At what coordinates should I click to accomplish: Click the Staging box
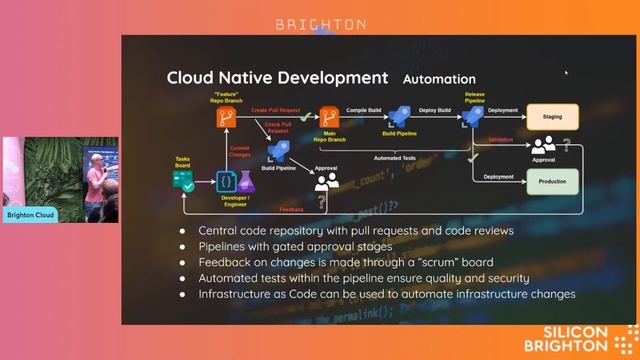point(552,117)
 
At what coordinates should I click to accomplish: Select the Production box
point(552,181)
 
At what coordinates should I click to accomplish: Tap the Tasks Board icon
point(183,180)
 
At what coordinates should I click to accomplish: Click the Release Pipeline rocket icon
point(473,116)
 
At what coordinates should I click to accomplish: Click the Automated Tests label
point(395,158)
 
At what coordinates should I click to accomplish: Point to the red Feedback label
point(292,210)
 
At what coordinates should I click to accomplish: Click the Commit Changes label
point(240,152)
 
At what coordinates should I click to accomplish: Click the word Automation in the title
point(439,78)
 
